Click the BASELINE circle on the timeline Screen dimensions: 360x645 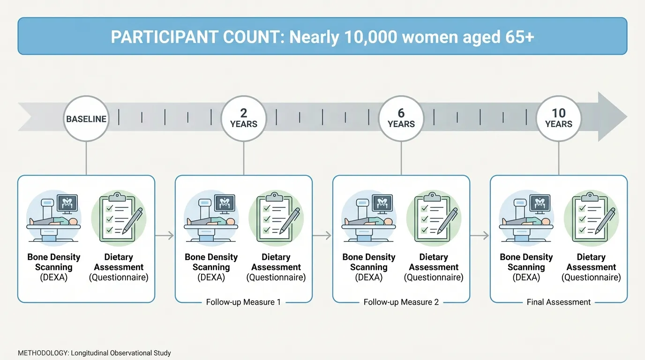[86, 119]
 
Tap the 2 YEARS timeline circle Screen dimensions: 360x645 [244, 119]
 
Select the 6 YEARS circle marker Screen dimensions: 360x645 [401, 119]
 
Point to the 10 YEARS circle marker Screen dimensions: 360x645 [559, 119]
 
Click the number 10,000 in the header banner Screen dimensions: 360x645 [371, 37]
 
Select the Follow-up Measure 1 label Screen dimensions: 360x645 [243, 302]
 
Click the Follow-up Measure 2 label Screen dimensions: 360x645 [401, 302]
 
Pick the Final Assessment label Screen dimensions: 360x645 [559, 302]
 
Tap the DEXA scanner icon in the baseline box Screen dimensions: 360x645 [54, 217]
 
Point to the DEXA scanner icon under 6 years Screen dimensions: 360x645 [369, 217]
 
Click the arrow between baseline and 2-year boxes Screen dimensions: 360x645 [165, 236]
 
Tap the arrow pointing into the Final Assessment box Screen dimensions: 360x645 [480, 236]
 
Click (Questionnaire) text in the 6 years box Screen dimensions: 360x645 [434, 277]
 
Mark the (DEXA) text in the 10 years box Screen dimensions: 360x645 [526, 277]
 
